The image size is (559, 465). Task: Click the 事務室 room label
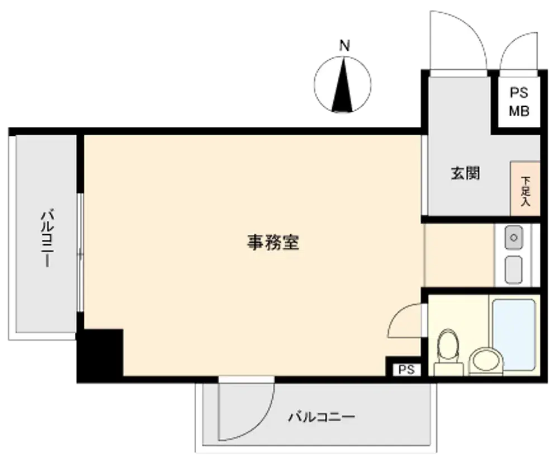coord(273,243)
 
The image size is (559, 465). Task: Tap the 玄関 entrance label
coord(465,173)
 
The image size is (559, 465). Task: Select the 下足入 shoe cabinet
coord(525,188)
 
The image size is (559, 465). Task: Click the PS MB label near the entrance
coord(519,102)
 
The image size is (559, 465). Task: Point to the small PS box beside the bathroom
coord(407,369)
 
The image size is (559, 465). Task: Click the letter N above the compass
coord(344,46)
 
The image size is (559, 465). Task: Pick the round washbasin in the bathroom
coord(486,360)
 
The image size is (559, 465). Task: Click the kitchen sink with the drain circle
coord(514,238)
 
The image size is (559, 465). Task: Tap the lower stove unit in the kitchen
coord(514,270)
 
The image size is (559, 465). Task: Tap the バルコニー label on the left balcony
coord(48,239)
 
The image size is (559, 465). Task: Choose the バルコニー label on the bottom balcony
coord(321,416)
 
